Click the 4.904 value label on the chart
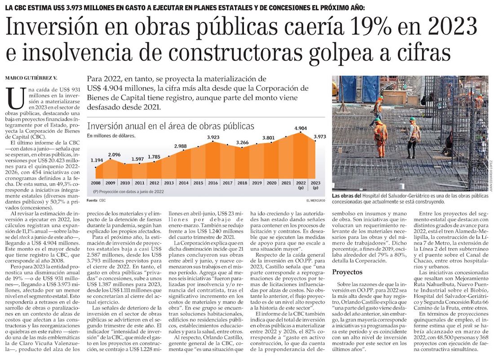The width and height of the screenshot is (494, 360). pyautogui.click(x=300, y=128)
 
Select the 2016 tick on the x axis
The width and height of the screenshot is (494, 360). pyautogui.click(x=213, y=183)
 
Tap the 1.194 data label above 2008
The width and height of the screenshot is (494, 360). pyautogui.click(x=97, y=160)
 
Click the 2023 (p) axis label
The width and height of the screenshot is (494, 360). pyautogui.click(x=315, y=184)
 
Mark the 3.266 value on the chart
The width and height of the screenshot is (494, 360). pyautogui.click(x=242, y=143)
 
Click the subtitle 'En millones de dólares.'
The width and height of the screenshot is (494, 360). pyautogui.click(x=111, y=136)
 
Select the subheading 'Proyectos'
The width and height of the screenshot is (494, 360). pyautogui.click(x=347, y=272)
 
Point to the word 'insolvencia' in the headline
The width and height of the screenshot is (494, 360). pyautogui.click(x=69, y=55)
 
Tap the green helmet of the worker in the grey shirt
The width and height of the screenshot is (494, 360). pyautogui.click(x=412, y=119)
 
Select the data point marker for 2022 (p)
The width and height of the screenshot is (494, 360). pyautogui.click(x=300, y=133)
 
